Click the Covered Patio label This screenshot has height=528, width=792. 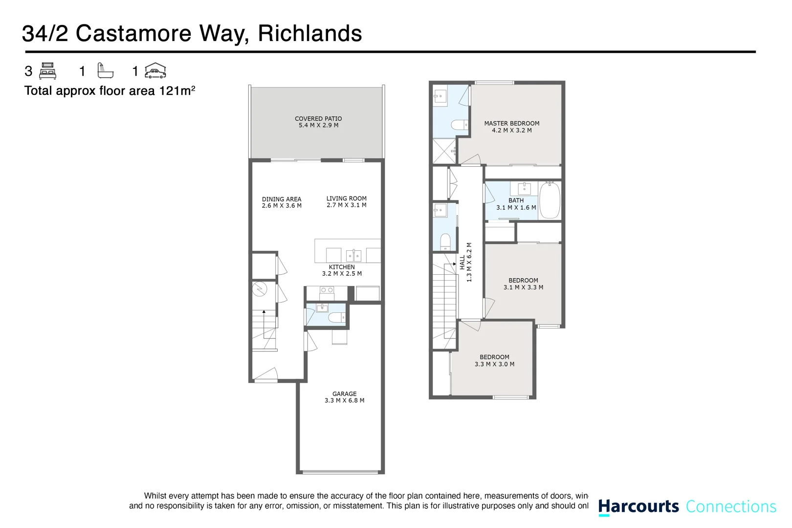click(x=318, y=119)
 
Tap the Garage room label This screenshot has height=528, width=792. click(x=344, y=394)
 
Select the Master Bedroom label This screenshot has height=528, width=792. click(x=511, y=124)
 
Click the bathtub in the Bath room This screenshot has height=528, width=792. click(x=550, y=200)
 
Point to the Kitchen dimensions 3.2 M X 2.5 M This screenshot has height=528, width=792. click(x=342, y=274)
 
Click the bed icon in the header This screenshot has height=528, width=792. click(x=48, y=71)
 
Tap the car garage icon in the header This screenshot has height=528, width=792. click(x=155, y=71)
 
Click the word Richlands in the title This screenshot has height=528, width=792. click(x=309, y=34)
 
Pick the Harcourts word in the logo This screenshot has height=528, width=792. click(x=638, y=506)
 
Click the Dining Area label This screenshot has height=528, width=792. click(x=282, y=199)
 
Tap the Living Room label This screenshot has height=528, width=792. click(x=346, y=198)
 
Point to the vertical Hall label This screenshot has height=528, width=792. click(x=462, y=263)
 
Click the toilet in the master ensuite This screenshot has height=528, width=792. click(x=459, y=125)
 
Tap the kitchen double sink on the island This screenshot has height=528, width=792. click(x=353, y=255)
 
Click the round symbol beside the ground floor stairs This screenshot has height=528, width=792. click(x=259, y=289)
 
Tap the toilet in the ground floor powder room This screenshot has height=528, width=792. click(x=336, y=318)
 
